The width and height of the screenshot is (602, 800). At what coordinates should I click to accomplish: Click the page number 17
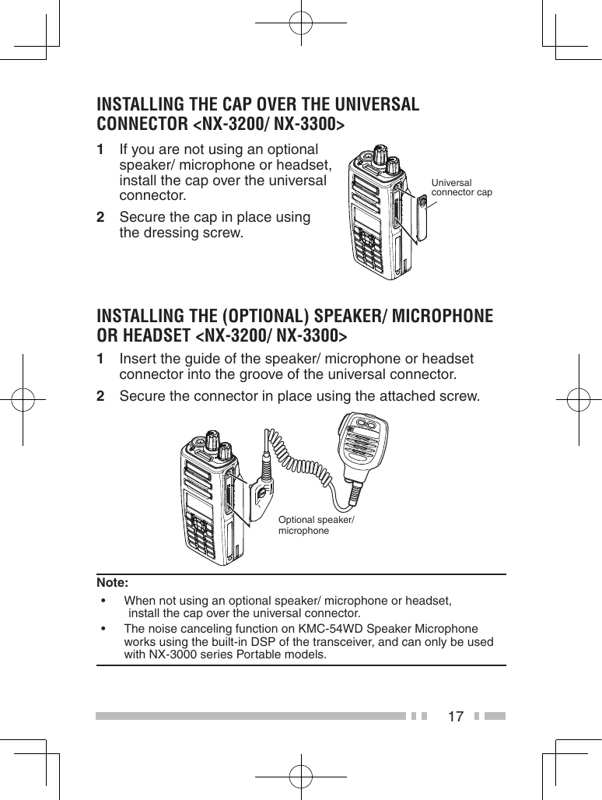click(456, 716)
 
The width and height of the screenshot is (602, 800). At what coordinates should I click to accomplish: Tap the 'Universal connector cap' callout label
click(461, 188)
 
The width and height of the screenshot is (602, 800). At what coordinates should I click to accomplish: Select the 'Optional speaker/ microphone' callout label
click(316, 525)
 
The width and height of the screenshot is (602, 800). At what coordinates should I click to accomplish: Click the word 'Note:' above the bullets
click(113, 583)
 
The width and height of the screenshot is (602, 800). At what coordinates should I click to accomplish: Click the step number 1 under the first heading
click(101, 149)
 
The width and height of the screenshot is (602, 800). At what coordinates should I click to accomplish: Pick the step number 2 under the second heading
click(101, 397)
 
